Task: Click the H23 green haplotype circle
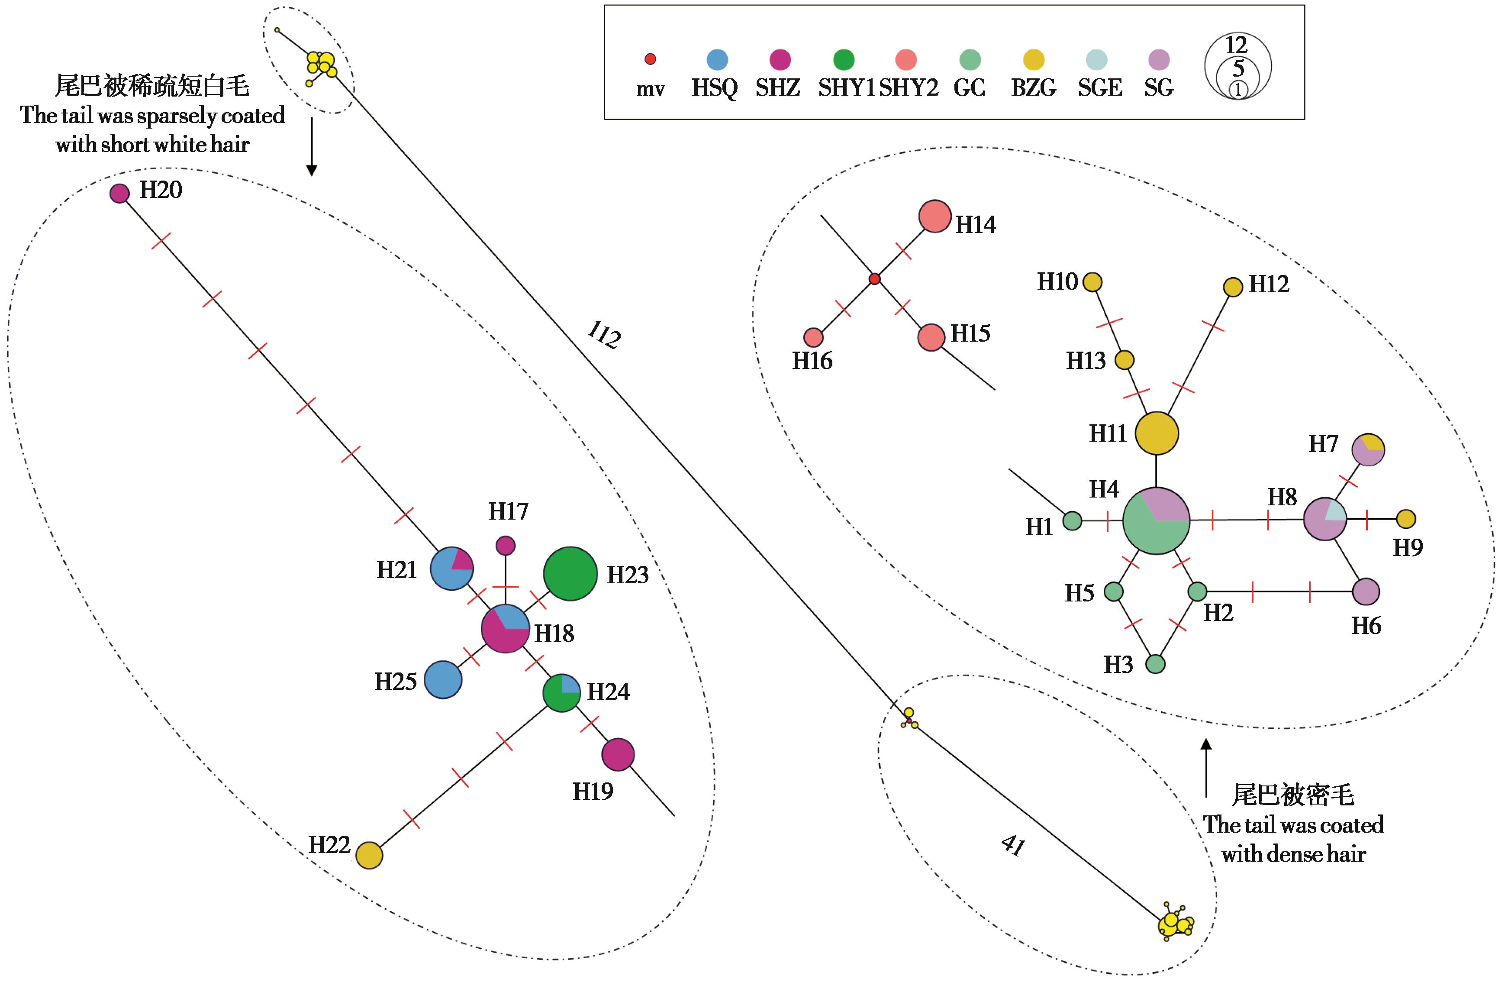coord(570,574)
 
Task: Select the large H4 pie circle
coord(1157,520)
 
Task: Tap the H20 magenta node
coord(120,193)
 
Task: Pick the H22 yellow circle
coord(369,855)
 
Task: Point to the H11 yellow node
coord(1157,433)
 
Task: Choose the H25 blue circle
coord(443,680)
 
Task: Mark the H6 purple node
coord(1366,591)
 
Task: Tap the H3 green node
coord(1156,664)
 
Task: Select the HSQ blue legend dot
coord(717,60)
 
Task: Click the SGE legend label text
coord(1100,87)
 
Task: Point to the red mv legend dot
coord(650,59)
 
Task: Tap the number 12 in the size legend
coord(1236,45)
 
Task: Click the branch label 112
coord(603,335)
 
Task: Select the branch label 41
coord(1012,846)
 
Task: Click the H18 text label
coord(554,633)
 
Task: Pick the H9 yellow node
coord(1406,519)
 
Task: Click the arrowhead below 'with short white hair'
coord(312,169)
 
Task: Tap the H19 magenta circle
coord(618,754)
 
